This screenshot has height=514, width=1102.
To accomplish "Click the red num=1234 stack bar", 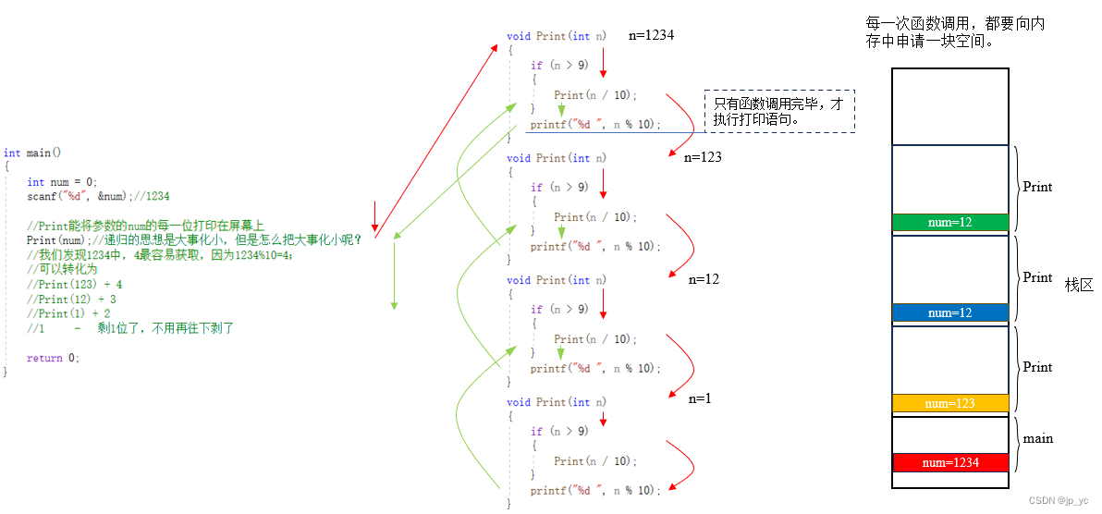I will [x=949, y=462].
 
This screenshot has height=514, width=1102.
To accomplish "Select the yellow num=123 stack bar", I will [x=949, y=403].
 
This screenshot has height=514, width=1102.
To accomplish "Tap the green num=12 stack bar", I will [x=949, y=222].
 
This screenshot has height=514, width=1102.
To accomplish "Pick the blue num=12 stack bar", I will [x=949, y=312].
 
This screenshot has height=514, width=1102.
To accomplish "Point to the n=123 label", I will [x=703, y=157].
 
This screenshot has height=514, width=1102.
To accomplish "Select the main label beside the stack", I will [x=1037, y=438].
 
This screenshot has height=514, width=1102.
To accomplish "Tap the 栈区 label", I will [x=1079, y=286].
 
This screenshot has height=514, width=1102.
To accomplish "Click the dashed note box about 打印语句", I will [x=779, y=112].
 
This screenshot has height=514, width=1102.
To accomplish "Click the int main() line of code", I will [x=32, y=153].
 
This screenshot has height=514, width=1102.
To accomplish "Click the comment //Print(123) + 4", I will [x=74, y=285].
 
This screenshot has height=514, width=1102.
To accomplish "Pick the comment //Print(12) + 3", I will [x=71, y=300].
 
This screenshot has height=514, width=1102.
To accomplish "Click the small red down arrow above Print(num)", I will [x=374, y=216].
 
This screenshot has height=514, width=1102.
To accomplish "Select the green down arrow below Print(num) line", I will [x=394, y=277].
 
